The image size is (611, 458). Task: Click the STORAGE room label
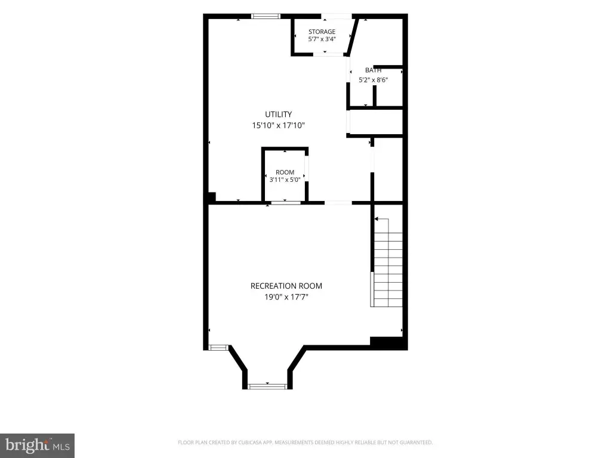point(322,32)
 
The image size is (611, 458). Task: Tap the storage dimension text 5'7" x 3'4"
point(322,39)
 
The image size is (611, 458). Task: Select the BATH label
point(374,70)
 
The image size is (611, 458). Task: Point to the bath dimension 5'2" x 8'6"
point(374,81)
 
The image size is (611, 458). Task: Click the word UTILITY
point(278,114)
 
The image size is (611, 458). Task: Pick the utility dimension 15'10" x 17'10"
point(278,125)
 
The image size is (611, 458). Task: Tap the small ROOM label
point(285,172)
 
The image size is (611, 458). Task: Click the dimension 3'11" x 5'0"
point(285,180)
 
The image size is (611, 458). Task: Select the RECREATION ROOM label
point(286,286)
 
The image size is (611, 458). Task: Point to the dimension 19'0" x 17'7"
point(286,297)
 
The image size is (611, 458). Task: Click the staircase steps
point(388,270)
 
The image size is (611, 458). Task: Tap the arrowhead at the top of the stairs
point(377,219)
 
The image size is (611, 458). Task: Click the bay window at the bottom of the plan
point(267,386)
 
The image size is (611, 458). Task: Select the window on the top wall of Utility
point(266,16)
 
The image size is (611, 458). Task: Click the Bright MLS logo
point(37,445)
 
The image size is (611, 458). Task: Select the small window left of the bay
point(218,348)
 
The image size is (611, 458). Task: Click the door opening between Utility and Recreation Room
point(338,203)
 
